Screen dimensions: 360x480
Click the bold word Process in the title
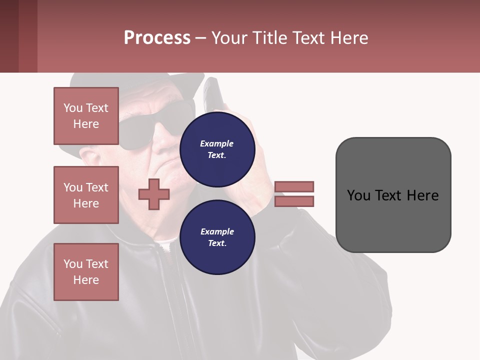(x=157, y=38)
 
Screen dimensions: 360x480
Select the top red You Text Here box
(x=86, y=116)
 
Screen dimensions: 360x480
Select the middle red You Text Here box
(x=86, y=195)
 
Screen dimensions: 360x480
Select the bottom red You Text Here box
(x=86, y=272)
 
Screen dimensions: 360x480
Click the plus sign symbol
(x=154, y=194)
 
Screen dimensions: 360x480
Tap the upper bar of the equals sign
(x=294, y=186)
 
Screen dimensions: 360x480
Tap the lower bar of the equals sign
(x=294, y=201)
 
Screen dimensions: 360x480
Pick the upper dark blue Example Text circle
(x=217, y=149)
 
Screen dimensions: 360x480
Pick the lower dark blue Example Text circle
(x=217, y=237)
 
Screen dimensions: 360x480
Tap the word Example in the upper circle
(x=217, y=144)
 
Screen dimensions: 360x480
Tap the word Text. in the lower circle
(x=217, y=243)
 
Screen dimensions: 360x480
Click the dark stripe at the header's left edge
(x=9, y=36)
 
